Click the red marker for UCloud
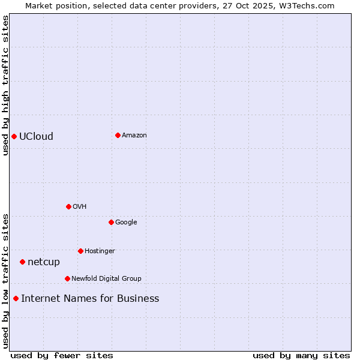point(14,136)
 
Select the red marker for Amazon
point(118,135)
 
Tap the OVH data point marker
point(68,206)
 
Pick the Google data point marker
point(111,222)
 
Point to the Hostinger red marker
point(80,251)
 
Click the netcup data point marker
point(22,262)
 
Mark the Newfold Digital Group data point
point(67,278)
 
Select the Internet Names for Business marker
point(16,298)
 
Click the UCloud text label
point(36,136)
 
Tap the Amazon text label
point(134,135)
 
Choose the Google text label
point(126,222)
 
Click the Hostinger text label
point(100,251)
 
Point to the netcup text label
point(44,262)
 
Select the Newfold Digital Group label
point(106,278)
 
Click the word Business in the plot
point(138,298)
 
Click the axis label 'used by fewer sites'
point(62,355)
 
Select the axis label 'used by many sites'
point(301,355)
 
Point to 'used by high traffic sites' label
point(5,85)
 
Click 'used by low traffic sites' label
point(5,281)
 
